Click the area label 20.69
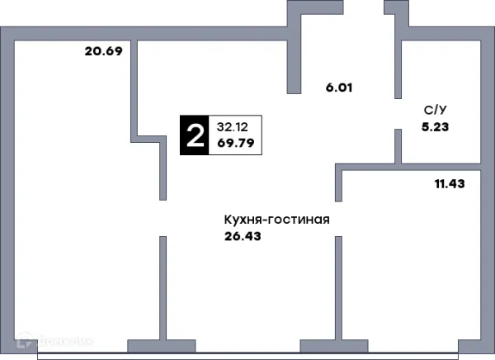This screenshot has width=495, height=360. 103,52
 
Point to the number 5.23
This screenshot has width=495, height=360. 433,127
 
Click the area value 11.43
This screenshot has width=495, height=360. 449,183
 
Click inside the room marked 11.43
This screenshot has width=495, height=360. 412,256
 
